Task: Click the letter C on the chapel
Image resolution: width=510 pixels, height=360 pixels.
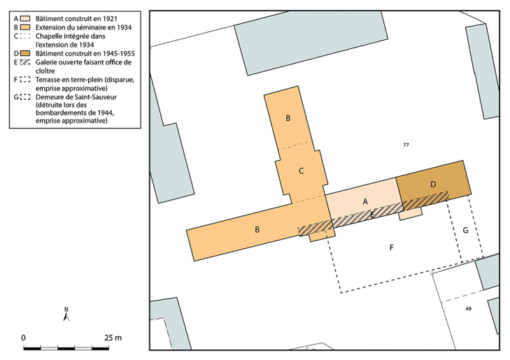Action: click(301, 171)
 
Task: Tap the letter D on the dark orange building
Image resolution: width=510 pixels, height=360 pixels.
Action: click(433, 185)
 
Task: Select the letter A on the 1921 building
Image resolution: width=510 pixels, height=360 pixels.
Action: click(365, 202)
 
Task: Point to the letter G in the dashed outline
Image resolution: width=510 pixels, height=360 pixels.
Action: click(465, 230)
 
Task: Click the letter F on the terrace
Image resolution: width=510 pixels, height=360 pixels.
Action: click(392, 247)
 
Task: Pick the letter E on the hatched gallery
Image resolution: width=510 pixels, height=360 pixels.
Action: click(372, 215)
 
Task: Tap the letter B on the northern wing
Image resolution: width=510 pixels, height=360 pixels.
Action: click(288, 118)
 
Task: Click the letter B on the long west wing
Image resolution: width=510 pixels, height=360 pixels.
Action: click(257, 229)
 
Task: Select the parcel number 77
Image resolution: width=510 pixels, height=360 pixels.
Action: click(406, 145)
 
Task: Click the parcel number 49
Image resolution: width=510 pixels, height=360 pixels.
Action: click(468, 309)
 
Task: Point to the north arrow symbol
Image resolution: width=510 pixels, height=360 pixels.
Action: click(66, 314)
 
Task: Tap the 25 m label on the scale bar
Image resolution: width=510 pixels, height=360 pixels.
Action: click(113, 338)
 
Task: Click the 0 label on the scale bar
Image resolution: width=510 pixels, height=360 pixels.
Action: click(23, 338)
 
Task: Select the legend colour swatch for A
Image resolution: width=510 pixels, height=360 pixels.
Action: click(25, 18)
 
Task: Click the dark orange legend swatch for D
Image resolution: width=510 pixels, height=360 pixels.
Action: click(25, 53)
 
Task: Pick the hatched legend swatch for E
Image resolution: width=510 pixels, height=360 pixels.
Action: click(25, 62)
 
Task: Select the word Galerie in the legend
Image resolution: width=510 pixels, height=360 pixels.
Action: click(46, 62)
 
